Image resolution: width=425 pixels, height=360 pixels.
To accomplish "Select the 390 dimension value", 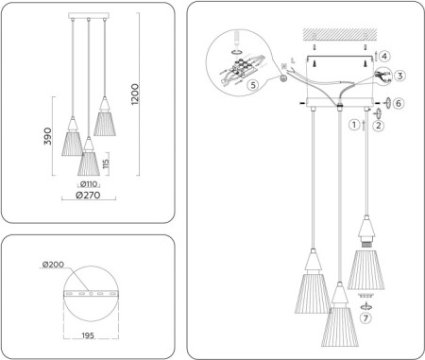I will pyautogui.click(x=47, y=136).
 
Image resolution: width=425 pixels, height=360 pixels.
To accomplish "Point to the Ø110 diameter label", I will pyautogui.click(x=89, y=184).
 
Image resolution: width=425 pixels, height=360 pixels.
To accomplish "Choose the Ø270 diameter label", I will pyautogui.click(x=88, y=198).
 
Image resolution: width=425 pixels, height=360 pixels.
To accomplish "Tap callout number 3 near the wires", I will pyautogui.click(x=400, y=76).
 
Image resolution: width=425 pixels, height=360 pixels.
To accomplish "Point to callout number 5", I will pyautogui.click(x=251, y=84).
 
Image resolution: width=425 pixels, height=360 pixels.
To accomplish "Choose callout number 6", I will pyautogui.click(x=398, y=102).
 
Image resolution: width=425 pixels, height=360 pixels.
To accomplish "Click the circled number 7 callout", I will pyautogui.click(x=366, y=317).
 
